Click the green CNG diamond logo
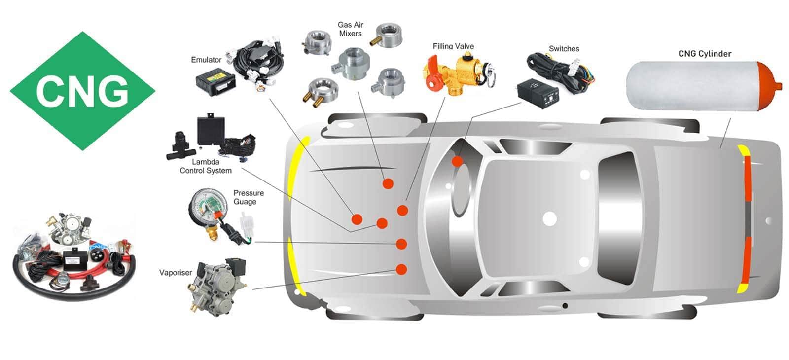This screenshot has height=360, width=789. (82, 91)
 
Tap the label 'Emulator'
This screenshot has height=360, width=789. (206, 60)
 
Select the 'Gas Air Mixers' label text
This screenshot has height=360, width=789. (350, 29)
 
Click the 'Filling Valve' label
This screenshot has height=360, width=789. (453, 46)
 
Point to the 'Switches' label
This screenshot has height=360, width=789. (564, 49)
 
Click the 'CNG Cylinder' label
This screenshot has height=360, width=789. (705, 54)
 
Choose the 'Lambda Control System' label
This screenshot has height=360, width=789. (206, 166)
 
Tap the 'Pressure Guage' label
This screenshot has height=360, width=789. (249, 197)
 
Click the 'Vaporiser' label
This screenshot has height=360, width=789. (176, 272)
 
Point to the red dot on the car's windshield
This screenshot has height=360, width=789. (458, 161)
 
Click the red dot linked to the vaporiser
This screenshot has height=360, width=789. (401, 269)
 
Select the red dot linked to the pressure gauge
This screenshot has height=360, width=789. (401, 244)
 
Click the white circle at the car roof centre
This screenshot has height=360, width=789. (549, 218)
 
